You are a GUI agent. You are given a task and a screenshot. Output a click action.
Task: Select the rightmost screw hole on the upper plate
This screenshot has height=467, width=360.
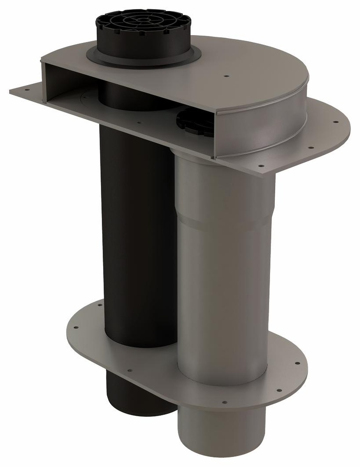(x=336, y=122)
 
